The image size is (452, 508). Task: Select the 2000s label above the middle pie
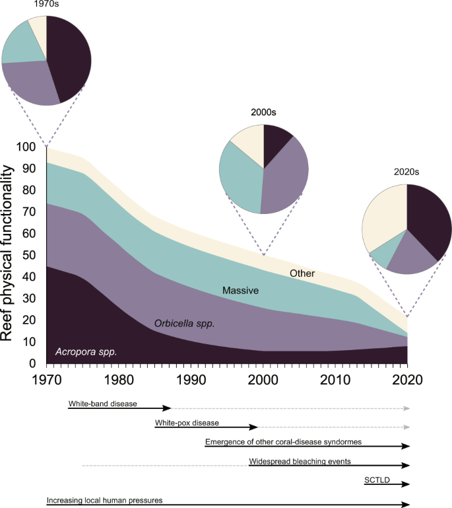click(x=264, y=113)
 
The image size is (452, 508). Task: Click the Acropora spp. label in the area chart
click(x=86, y=351)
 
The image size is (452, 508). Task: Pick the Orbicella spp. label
click(x=185, y=324)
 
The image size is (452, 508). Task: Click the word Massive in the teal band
click(x=240, y=290)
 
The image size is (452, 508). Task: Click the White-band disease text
click(x=102, y=404)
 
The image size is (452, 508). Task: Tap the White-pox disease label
click(x=187, y=422)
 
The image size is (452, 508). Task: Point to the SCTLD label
click(x=376, y=480)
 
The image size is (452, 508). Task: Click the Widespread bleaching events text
click(x=300, y=461)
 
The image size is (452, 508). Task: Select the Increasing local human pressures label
click(x=104, y=500)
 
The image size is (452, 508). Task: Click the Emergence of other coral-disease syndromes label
click(x=283, y=441)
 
